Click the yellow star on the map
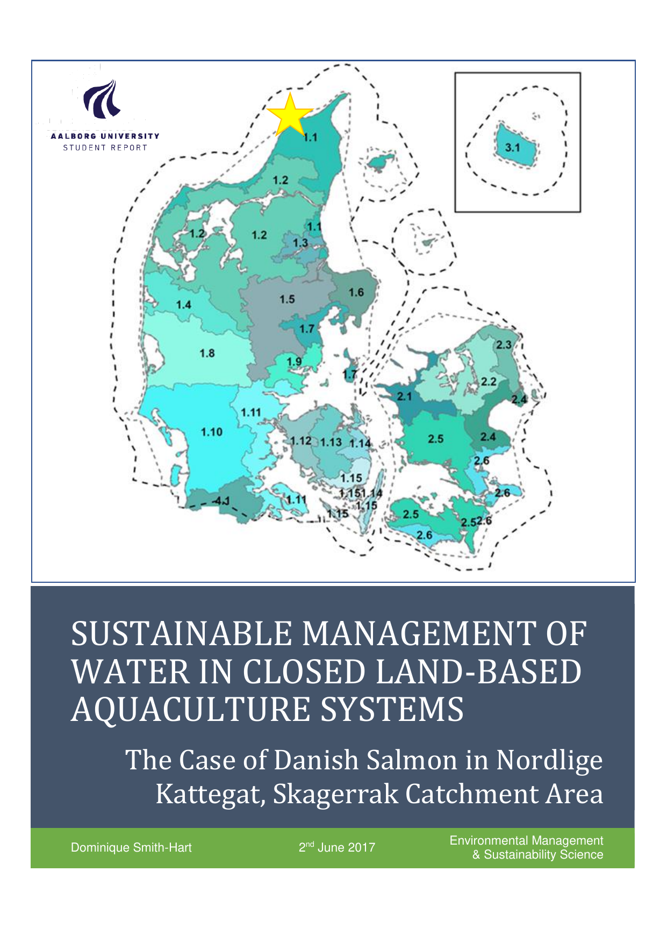(289, 115)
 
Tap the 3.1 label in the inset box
(512, 147)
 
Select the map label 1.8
(207, 353)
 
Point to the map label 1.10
(211, 432)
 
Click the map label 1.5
(287, 299)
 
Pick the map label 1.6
(356, 292)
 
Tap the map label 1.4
(183, 305)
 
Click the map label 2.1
(404, 397)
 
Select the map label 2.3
(504, 345)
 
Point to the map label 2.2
(488, 382)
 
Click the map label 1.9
(294, 361)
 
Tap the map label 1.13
(331, 442)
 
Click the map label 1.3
(300, 243)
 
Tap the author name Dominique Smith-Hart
(131, 848)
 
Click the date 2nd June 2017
(337, 847)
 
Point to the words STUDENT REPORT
(105, 147)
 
